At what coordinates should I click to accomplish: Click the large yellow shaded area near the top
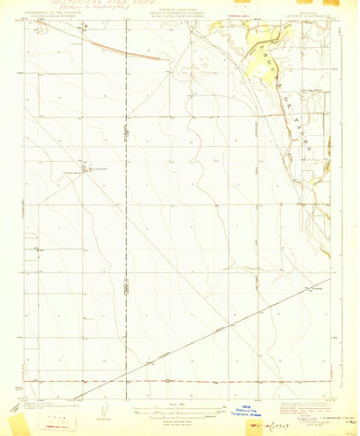coord(261,63)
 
